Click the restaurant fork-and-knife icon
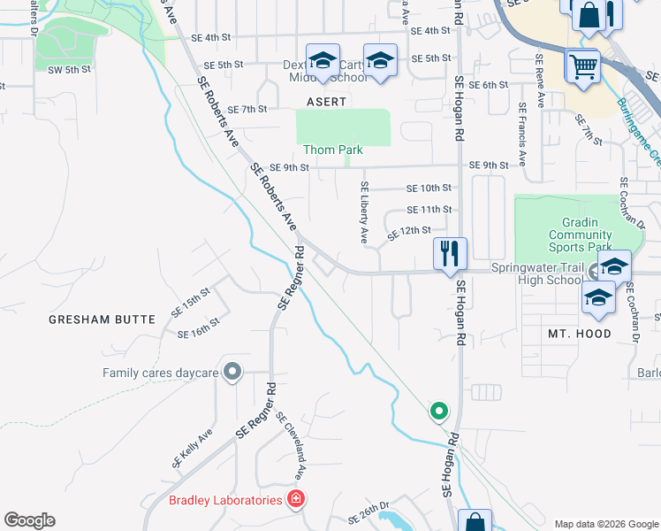450,254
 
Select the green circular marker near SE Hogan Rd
438,411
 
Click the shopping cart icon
583,66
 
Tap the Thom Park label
333,150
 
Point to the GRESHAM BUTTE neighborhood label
102,319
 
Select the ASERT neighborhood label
327,102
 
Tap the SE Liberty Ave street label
363,212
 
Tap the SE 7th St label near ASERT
247,110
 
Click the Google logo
30,520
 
